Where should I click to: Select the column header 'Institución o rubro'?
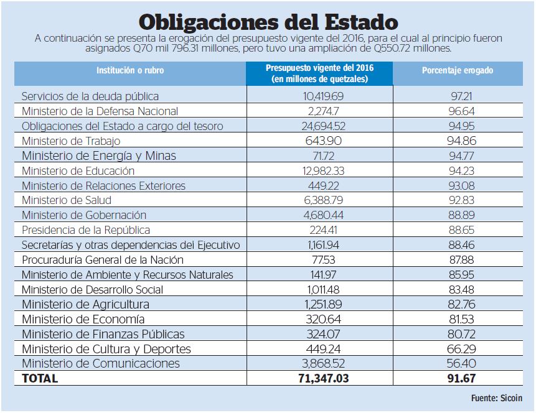pos(130,71)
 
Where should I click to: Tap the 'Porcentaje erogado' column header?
pos(457,71)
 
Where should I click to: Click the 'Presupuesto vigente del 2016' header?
pos(320,73)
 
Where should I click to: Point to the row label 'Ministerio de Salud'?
pos(67,200)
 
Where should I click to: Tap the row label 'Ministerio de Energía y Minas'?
pos(99,156)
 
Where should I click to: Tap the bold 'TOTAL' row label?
pos(40,378)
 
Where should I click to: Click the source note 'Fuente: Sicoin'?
pos(496,398)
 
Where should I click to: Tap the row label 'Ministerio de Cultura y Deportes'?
pos(106,349)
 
